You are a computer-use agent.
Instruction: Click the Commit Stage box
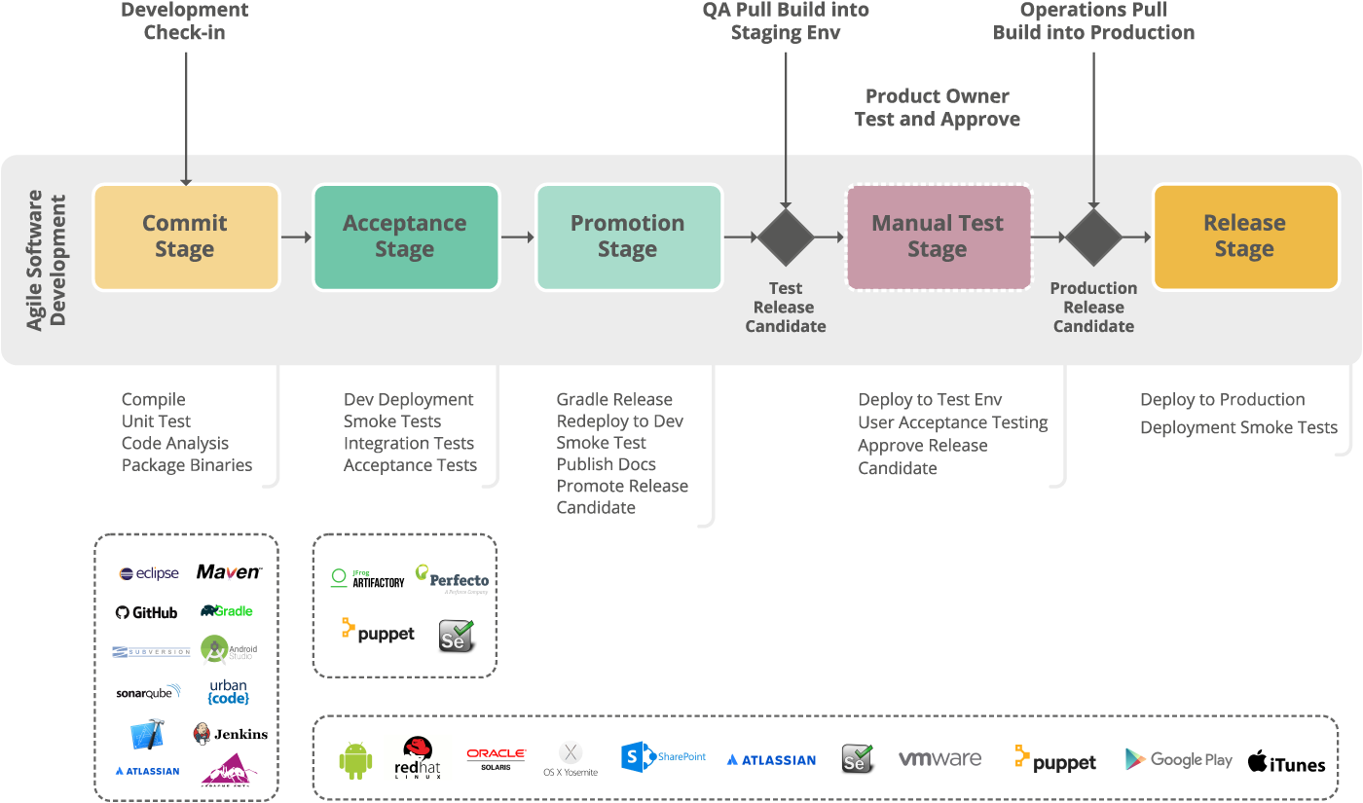[185, 237]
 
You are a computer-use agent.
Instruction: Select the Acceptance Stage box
[405, 237]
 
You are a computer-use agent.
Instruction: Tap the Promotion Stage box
[628, 237]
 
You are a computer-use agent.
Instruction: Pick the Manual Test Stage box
[938, 237]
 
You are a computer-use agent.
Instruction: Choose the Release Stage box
[1244, 237]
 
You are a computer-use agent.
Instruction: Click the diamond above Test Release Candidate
[786, 237]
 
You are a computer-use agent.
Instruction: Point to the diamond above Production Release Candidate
[1093, 237]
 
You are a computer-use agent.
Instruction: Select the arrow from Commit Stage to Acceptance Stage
[296, 237]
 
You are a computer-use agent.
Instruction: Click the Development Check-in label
[185, 21]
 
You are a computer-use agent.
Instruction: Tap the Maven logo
[229, 572]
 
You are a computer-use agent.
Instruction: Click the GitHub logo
[147, 612]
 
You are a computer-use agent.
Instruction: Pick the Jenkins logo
[230, 734]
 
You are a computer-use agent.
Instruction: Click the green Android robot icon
[355, 760]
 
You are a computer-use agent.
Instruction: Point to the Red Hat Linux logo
[418, 757]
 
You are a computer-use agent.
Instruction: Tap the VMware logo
[939, 759]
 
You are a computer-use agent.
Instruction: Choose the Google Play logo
[1178, 759]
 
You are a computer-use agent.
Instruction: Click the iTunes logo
[1286, 762]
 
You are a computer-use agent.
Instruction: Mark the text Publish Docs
[606, 464]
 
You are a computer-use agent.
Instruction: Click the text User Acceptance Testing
[952, 422]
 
